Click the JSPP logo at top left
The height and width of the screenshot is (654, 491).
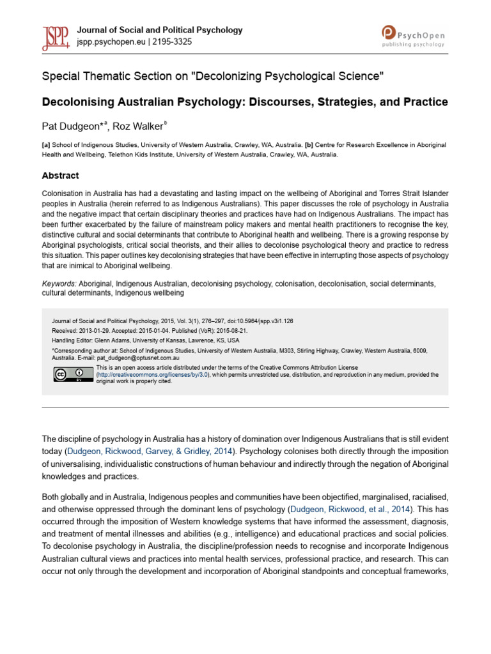[x=56, y=36]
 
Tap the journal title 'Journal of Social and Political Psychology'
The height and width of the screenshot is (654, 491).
[x=160, y=30]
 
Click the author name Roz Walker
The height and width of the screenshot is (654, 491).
[x=138, y=126]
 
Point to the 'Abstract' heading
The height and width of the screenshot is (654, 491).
[x=61, y=176]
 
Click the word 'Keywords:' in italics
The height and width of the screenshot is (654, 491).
[x=59, y=284]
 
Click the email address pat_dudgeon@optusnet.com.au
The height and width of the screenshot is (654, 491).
[x=133, y=359]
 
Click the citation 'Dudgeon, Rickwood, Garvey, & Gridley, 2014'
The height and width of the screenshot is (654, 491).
[x=144, y=452]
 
